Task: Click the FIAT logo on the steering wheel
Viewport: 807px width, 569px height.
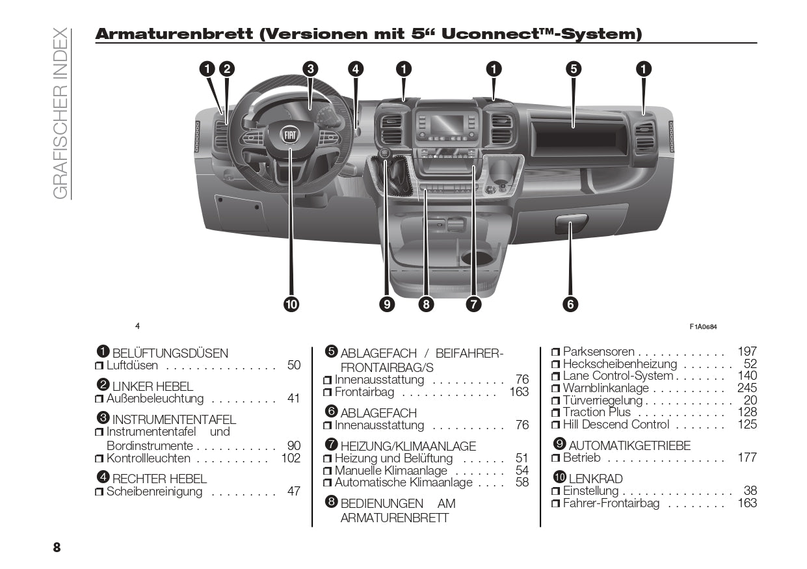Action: (290, 135)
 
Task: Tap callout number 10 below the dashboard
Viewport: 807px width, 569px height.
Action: (290, 304)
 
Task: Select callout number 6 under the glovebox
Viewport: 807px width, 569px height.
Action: (570, 304)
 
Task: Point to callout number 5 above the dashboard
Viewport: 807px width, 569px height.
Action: (573, 69)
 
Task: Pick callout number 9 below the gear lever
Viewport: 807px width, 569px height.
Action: (388, 304)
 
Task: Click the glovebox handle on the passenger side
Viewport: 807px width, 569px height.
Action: (571, 224)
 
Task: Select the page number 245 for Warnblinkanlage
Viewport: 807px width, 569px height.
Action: (747, 388)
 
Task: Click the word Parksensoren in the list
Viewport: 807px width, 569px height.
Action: (598, 352)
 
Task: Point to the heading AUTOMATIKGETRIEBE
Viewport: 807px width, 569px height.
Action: (629, 445)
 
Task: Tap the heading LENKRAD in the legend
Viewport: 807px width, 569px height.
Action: (595, 479)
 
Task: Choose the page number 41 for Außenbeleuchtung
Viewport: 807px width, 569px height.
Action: (294, 399)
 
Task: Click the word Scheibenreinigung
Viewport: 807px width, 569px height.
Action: (155, 492)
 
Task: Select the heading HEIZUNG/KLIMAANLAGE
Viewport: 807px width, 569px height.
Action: (408, 446)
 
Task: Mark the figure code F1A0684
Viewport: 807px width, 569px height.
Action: (703, 326)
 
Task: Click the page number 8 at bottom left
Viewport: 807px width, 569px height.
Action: (57, 547)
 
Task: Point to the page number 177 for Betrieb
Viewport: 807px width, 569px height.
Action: (747, 458)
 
